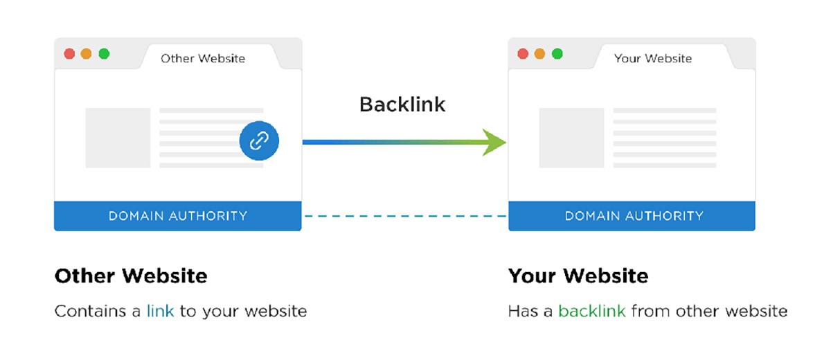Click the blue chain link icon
[x=259, y=141]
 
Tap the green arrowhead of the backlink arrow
[x=495, y=142]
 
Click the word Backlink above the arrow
[x=402, y=104]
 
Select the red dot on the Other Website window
[x=69, y=54]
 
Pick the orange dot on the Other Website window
[x=87, y=54]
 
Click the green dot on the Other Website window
[x=104, y=54]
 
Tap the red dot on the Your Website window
[x=523, y=54]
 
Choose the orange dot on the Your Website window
[x=540, y=54]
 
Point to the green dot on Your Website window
[x=557, y=54]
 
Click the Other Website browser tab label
[x=203, y=58]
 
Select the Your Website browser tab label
[x=653, y=58]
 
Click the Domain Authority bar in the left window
[x=178, y=216]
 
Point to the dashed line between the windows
[x=405, y=216]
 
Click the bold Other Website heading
[x=131, y=276]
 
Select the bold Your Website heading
[x=578, y=276]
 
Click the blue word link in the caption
[x=160, y=311]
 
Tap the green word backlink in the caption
[x=592, y=311]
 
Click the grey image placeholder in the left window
[x=118, y=138]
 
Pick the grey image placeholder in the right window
[x=571, y=138]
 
